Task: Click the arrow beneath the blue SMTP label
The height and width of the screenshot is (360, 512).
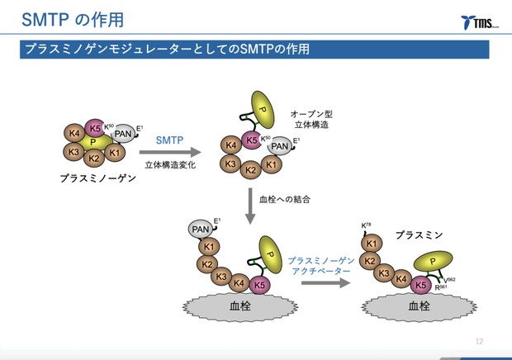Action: [x=170, y=153]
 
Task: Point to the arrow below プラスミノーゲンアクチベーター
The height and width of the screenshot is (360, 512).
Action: [x=321, y=282]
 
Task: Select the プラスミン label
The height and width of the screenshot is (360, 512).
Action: [x=418, y=234]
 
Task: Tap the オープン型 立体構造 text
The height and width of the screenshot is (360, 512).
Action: [x=311, y=118]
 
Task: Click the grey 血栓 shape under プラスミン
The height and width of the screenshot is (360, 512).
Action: [x=419, y=306]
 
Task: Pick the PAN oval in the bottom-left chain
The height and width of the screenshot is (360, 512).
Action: [x=200, y=228]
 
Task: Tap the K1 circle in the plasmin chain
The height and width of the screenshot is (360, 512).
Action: [x=372, y=244]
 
